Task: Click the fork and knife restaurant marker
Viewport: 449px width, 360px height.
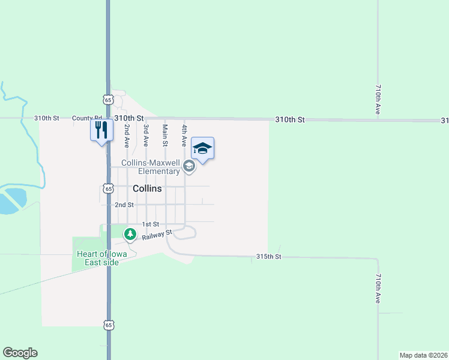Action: point(101,130)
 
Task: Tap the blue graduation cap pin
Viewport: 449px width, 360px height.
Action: point(202,148)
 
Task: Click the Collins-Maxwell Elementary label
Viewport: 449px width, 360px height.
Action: point(150,167)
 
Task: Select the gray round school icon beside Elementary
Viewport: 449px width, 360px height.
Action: point(189,167)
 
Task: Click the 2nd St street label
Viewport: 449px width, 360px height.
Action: point(124,205)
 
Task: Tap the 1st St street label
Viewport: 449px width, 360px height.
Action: point(149,224)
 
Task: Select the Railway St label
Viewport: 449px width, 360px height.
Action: point(157,235)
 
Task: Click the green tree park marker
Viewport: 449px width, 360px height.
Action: point(129,233)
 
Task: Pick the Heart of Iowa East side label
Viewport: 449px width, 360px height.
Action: point(97,258)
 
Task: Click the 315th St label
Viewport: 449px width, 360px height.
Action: point(268,257)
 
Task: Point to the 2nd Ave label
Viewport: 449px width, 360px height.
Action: point(127,136)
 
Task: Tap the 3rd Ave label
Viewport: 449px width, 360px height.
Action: point(145,136)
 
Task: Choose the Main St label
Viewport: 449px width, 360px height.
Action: point(165,135)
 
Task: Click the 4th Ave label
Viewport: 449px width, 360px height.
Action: point(184,136)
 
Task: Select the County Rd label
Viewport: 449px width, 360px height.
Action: point(87,118)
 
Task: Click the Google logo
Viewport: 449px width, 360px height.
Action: point(20,353)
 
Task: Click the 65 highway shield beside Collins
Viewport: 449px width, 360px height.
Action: point(108,188)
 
